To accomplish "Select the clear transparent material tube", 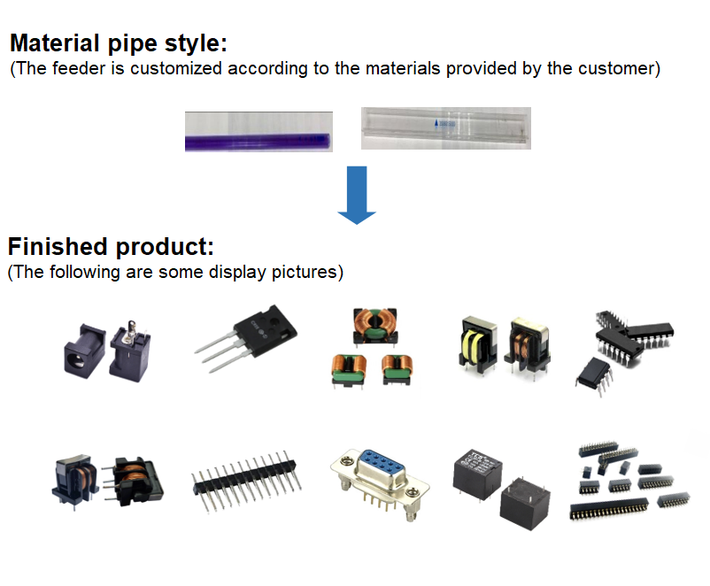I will point(444,128).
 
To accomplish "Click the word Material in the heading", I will point(54,42).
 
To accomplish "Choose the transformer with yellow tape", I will point(475,342).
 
